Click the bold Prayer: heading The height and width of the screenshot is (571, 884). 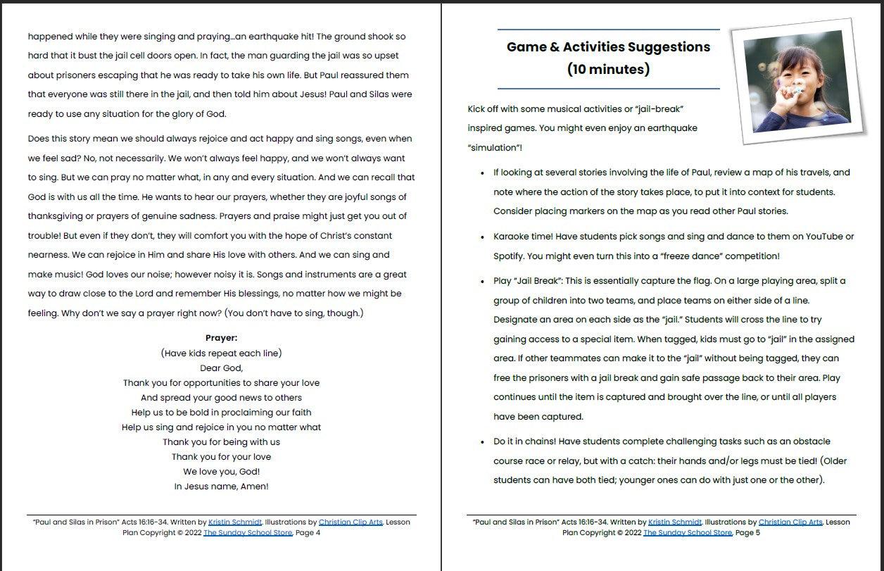[x=221, y=338]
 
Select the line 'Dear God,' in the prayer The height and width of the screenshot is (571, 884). [x=221, y=368]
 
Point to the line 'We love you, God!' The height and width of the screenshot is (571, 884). [x=221, y=471]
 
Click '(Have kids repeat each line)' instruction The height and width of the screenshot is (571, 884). [x=221, y=353]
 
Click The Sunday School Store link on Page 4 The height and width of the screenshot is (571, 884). [x=248, y=533]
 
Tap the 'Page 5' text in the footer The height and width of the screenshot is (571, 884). [x=747, y=533]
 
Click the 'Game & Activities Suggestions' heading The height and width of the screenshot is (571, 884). [x=608, y=47]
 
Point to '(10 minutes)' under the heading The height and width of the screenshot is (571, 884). [x=608, y=69]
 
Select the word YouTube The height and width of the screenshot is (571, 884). [x=823, y=237]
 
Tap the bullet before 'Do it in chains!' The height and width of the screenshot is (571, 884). [x=482, y=442]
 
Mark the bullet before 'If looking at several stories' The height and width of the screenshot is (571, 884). [x=482, y=173]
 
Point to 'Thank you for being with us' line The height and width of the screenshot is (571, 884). [x=221, y=441]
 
